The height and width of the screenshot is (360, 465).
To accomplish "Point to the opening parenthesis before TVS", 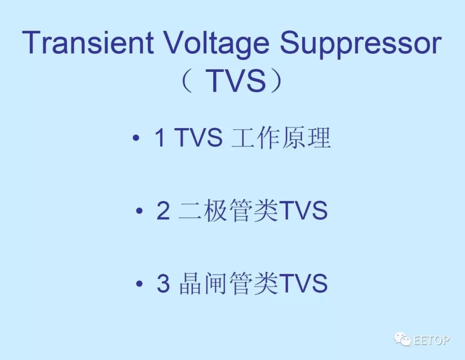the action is (187, 80).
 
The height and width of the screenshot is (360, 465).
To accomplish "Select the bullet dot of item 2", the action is (139, 211).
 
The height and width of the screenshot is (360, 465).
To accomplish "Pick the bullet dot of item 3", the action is (139, 283).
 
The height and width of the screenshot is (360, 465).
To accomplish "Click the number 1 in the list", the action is (160, 138).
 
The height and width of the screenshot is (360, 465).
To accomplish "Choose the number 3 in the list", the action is (164, 283).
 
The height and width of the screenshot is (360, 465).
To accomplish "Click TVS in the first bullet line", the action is (198, 138).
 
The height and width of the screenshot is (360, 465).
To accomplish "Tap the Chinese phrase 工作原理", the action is (281, 138).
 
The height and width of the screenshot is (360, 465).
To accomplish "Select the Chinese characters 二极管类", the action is (229, 211).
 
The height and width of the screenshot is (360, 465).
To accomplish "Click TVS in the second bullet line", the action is (303, 211).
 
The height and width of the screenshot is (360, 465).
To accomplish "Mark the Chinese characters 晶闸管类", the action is (229, 283).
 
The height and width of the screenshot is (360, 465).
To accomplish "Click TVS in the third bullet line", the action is (303, 283).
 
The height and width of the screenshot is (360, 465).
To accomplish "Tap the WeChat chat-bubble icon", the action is (402, 339).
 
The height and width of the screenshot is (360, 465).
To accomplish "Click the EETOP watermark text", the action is (431, 340).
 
